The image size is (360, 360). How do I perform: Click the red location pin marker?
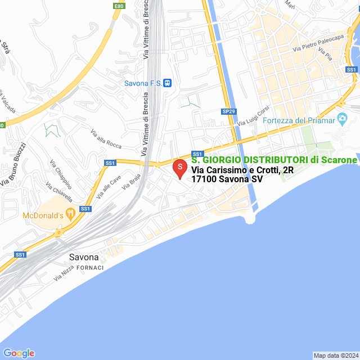click(179, 168)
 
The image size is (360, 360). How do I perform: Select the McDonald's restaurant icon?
click(70, 214)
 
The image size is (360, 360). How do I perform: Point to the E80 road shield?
click(119, 6)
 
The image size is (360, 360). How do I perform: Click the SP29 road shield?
click(228, 112)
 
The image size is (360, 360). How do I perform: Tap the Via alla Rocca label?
click(106, 139)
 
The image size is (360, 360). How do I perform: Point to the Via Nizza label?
click(65, 273)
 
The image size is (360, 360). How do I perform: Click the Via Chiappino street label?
click(60, 175)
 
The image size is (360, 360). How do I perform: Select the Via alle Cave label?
click(109, 187)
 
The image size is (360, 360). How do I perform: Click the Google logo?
click(19, 353)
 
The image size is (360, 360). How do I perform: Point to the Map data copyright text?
click(336, 355)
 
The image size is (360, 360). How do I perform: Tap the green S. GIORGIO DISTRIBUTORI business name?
click(274, 160)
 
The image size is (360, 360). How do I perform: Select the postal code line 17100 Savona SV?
click(227, 179)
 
